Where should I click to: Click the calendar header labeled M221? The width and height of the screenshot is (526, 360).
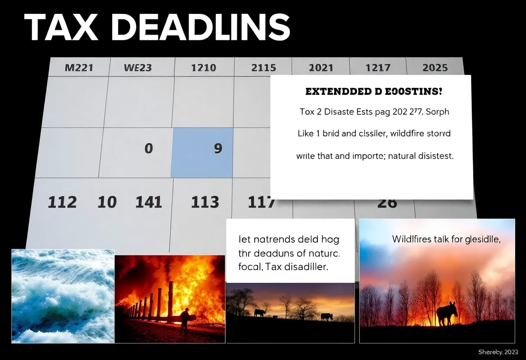(78, 68)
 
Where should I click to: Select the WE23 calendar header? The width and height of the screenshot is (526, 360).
(138, 68)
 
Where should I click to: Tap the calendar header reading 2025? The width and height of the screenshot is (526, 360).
(435, 68)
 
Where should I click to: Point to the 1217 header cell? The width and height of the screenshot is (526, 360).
(378, 68)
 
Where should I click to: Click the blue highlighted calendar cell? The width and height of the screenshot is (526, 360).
(202, 152)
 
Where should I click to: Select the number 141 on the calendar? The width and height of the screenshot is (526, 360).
(148, 202)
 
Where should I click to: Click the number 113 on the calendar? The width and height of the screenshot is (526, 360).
(205, 202)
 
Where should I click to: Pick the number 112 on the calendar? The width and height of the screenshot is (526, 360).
(62, 202)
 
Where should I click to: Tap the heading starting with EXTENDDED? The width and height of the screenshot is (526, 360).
(373, 92)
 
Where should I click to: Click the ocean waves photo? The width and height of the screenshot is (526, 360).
(63, 296)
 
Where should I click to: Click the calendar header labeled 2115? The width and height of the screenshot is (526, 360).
(263, 68)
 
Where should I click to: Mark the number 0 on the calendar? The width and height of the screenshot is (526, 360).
(148, 148)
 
